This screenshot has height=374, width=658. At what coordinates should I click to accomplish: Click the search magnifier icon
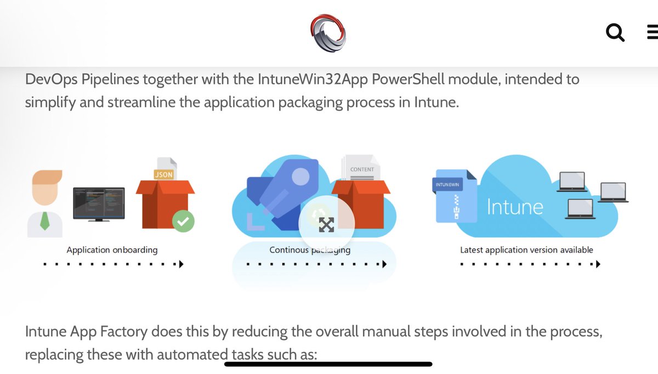[615, 33]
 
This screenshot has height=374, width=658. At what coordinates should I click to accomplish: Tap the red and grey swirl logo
[328, 33]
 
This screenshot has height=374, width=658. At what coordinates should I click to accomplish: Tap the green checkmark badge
[183, 221]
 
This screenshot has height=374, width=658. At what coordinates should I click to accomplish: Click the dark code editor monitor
[99, 202]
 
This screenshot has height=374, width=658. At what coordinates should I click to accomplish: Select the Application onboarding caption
[112, 250]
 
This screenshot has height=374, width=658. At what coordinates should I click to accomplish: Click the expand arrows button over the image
[326, 222]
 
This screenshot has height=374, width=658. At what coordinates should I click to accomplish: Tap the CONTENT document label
[362, 170]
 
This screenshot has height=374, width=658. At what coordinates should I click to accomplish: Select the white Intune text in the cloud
[515, 206]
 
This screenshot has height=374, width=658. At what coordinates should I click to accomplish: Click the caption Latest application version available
[526, 250]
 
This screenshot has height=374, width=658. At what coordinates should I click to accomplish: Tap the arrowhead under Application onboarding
[181, 264]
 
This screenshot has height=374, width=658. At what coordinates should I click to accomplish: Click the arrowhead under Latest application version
[598, 264]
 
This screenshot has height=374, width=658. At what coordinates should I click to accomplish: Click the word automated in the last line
[192, 355]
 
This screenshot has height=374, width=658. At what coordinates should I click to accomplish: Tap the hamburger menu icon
[653, 33]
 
